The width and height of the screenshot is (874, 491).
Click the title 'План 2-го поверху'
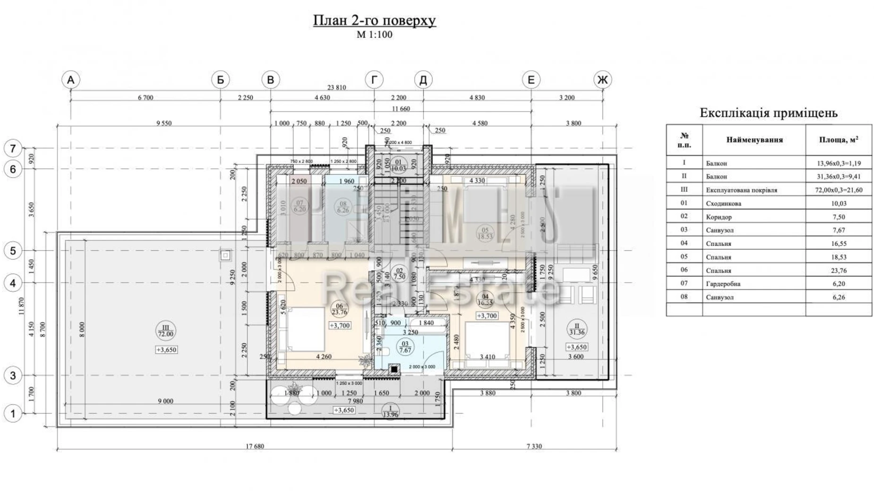click(374, 21)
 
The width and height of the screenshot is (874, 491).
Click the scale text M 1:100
click(374, 35)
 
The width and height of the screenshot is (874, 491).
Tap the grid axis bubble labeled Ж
click(602, 80)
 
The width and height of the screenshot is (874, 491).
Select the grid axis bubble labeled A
click(70, 80)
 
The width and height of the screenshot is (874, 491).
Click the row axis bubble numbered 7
click(13, 149)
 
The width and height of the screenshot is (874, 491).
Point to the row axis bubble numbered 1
click(13, 414)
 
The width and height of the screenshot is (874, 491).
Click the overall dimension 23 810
click(336, 87)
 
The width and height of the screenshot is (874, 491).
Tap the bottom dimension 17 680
click(255, 446)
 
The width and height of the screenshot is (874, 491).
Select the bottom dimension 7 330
click(534, 446)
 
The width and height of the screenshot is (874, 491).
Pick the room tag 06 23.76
click(339, 309)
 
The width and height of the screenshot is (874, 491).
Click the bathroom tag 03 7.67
click(405, 347)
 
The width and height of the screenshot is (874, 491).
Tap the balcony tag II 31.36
click(576, 329)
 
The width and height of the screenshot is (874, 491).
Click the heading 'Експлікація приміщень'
click(768, 113)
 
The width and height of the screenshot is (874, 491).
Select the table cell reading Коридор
click(719, 217)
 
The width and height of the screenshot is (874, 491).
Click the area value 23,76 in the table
click(838, 271)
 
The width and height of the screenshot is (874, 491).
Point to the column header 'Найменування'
click(754, 140)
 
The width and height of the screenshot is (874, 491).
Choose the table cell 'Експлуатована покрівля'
click(741, 190)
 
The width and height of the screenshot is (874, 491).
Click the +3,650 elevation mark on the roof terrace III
click(166, 350)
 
